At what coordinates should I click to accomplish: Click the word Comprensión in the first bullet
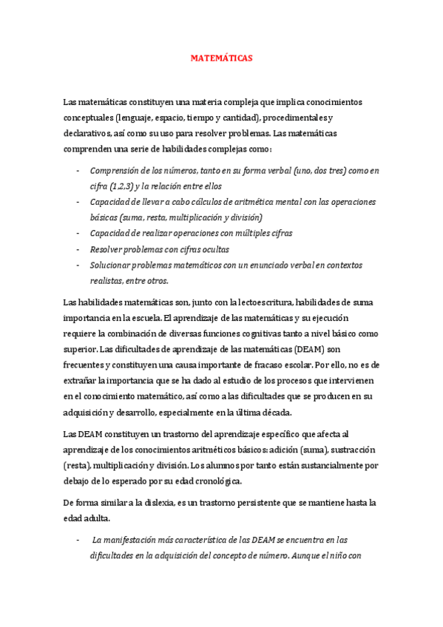(116, 170)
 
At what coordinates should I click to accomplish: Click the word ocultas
(211, 249)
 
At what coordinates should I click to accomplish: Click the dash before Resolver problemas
(78, 249)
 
